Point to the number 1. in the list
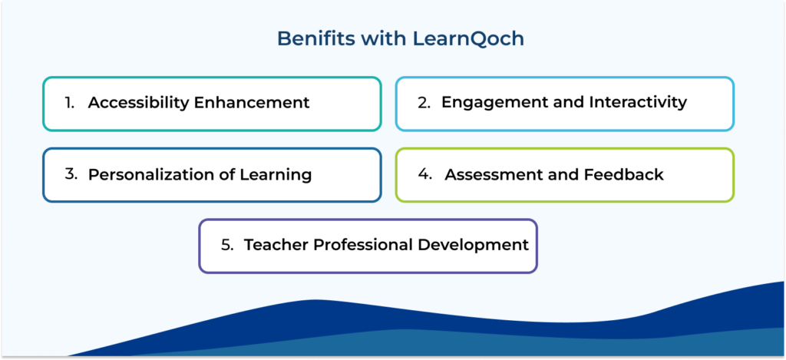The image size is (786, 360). [70, 103]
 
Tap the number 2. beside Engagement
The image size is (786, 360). [424, 102]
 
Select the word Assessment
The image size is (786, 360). [493, 174]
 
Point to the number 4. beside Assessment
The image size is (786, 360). [426, 174]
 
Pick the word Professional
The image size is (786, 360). [360, 245]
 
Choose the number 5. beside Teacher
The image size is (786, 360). [227, 245]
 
